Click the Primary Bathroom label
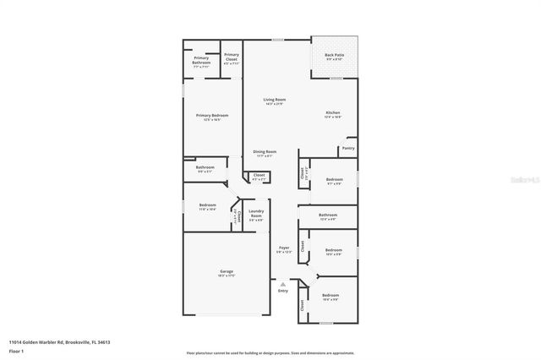point(200,61)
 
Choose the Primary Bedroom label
point(211,116)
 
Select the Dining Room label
point(265,152)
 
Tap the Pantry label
point(347,148)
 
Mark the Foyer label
point(284,248)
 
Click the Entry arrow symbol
point(282,284)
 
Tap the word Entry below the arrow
point(282,291)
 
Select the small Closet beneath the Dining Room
point(259,176)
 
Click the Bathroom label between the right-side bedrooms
point(328,215)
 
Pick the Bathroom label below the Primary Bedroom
point(205,167)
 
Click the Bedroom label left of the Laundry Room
point(207,205)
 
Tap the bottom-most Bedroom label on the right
point(330,295)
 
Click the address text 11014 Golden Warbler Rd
point(39,342)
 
